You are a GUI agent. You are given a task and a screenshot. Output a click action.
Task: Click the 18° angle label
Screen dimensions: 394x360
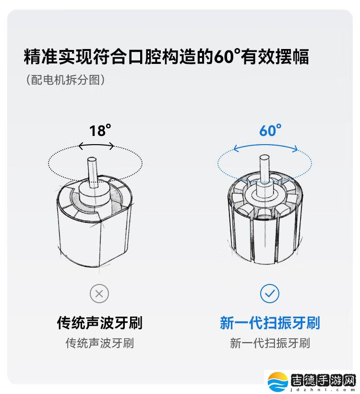[99, 130]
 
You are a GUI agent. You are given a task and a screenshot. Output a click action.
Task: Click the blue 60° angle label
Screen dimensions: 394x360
[270, 130]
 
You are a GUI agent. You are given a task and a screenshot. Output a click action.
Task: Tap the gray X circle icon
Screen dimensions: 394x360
[99, 293]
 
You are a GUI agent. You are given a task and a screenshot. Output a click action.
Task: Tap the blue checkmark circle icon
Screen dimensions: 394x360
[270, 293]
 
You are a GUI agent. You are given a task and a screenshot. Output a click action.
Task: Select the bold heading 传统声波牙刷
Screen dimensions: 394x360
[99, 322]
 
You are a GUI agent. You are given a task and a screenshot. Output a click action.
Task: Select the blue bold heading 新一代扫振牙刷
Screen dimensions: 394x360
[270, 322]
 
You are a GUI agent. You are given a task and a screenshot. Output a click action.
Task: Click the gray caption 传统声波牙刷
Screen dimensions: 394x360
[99, 343]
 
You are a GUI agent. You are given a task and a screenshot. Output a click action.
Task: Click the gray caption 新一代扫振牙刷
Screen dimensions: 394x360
[270, 343]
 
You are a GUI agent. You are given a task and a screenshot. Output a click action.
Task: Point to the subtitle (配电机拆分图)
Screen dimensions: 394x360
[65, 80]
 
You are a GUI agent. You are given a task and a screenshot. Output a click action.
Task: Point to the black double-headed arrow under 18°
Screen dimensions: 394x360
[96, 146]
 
